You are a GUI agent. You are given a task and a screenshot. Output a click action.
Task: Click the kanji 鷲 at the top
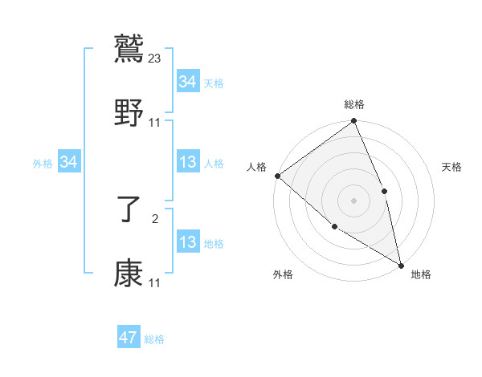129,48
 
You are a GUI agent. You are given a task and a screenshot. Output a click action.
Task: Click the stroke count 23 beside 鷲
156,58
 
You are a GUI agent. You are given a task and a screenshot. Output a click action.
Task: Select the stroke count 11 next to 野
155,123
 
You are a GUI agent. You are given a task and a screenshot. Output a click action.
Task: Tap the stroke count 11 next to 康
155,283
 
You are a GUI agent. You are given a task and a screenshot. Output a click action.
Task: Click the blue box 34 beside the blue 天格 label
187,82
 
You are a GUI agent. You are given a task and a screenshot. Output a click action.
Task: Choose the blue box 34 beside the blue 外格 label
69,162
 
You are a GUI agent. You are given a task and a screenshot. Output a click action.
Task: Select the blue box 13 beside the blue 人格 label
187,163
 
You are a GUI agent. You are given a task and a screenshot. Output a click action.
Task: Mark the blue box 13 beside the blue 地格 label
187,242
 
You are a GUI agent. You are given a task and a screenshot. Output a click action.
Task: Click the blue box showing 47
129,338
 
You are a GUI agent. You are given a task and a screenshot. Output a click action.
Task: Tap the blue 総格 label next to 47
154,339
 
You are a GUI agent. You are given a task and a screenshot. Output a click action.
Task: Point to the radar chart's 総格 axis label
354,104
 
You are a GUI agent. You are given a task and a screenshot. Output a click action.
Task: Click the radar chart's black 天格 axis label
452,167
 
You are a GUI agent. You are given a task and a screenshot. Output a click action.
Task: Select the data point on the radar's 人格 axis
277,176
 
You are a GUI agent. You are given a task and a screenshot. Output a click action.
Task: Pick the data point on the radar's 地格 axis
401,264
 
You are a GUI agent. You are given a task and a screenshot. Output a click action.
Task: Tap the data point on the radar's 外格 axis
334,226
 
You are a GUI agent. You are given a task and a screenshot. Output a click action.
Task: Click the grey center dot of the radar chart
353,201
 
